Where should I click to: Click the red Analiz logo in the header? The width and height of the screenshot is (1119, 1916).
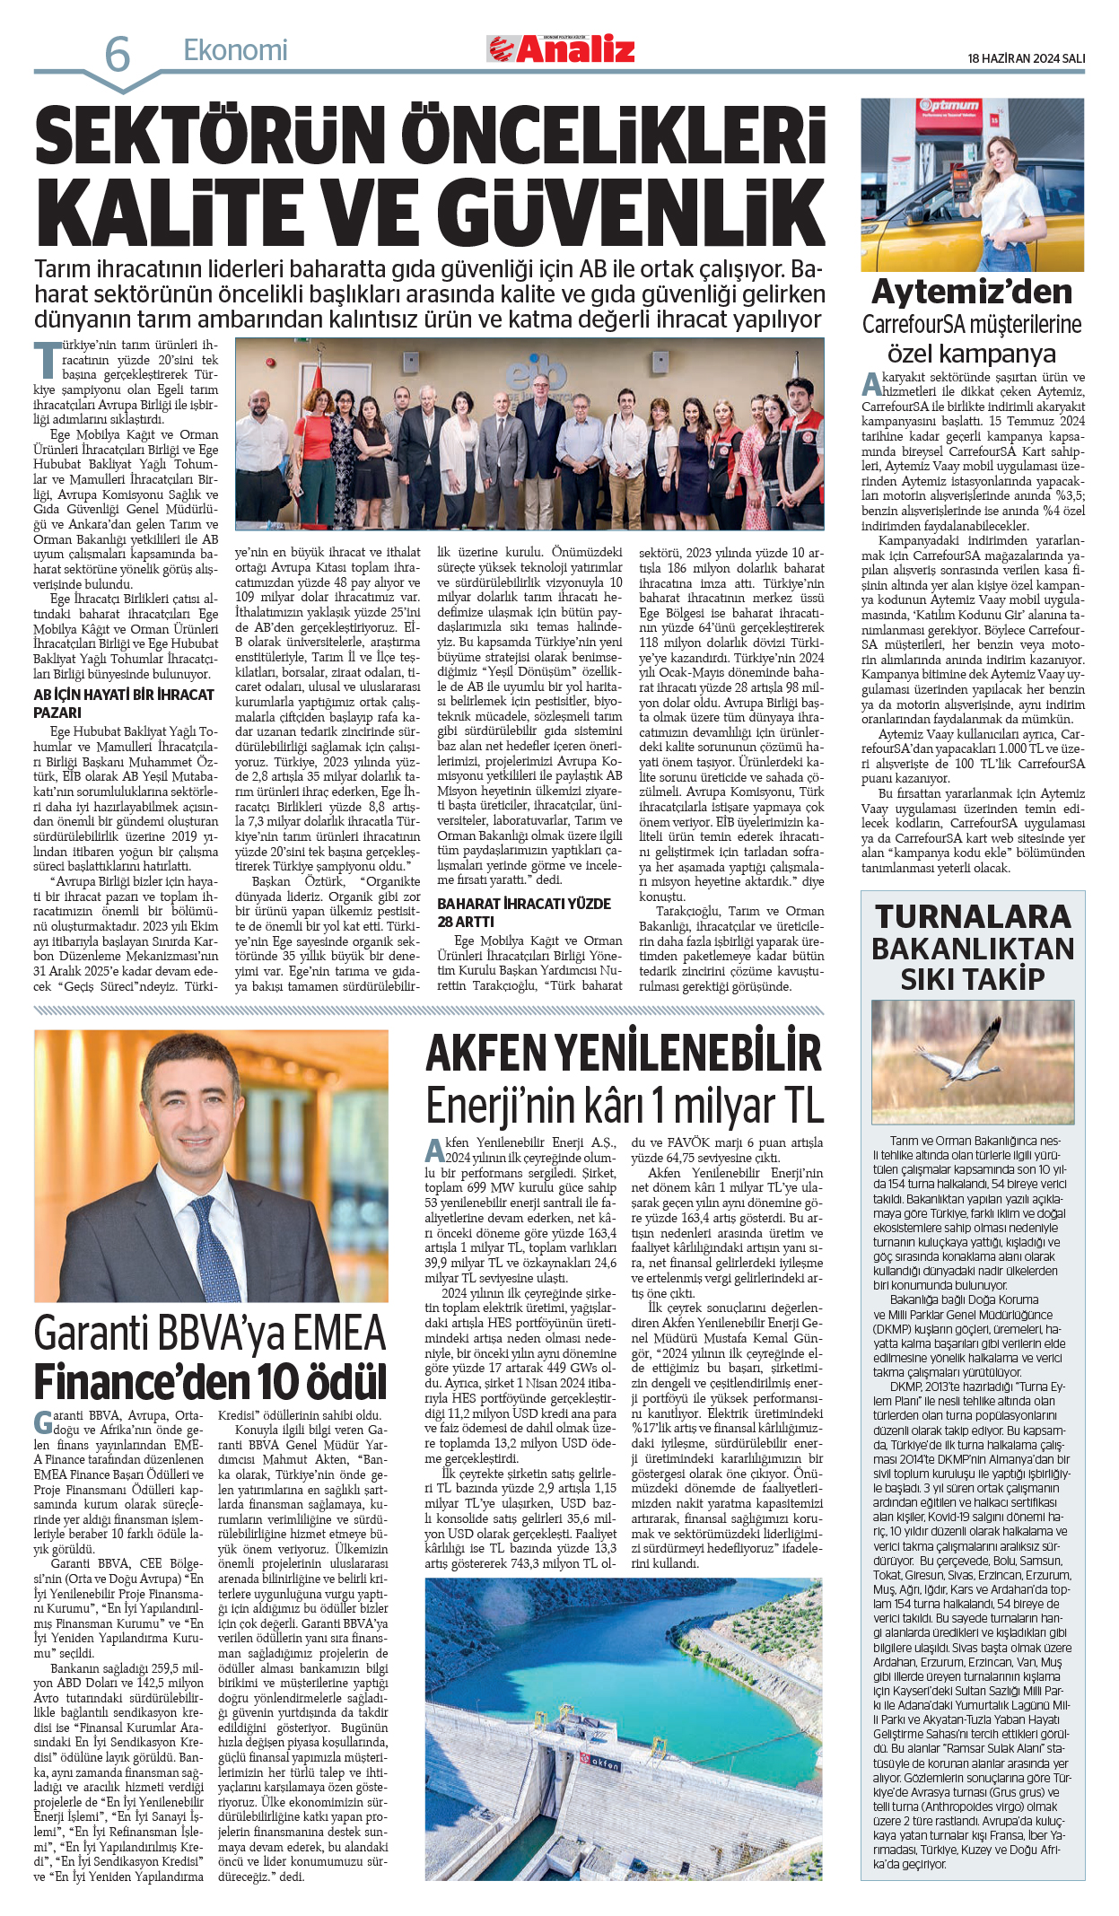pos(562,49)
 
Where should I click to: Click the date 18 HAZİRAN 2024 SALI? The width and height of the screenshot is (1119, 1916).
pos(1026,58)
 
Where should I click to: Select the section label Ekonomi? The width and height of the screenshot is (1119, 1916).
pos(235,50)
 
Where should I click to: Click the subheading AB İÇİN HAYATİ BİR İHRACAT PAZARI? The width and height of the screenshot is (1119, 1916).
pos(124,703)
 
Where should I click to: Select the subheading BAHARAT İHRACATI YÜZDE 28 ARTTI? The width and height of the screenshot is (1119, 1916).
pos(524,912)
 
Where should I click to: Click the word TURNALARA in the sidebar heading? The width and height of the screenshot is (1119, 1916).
pos(973,916)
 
